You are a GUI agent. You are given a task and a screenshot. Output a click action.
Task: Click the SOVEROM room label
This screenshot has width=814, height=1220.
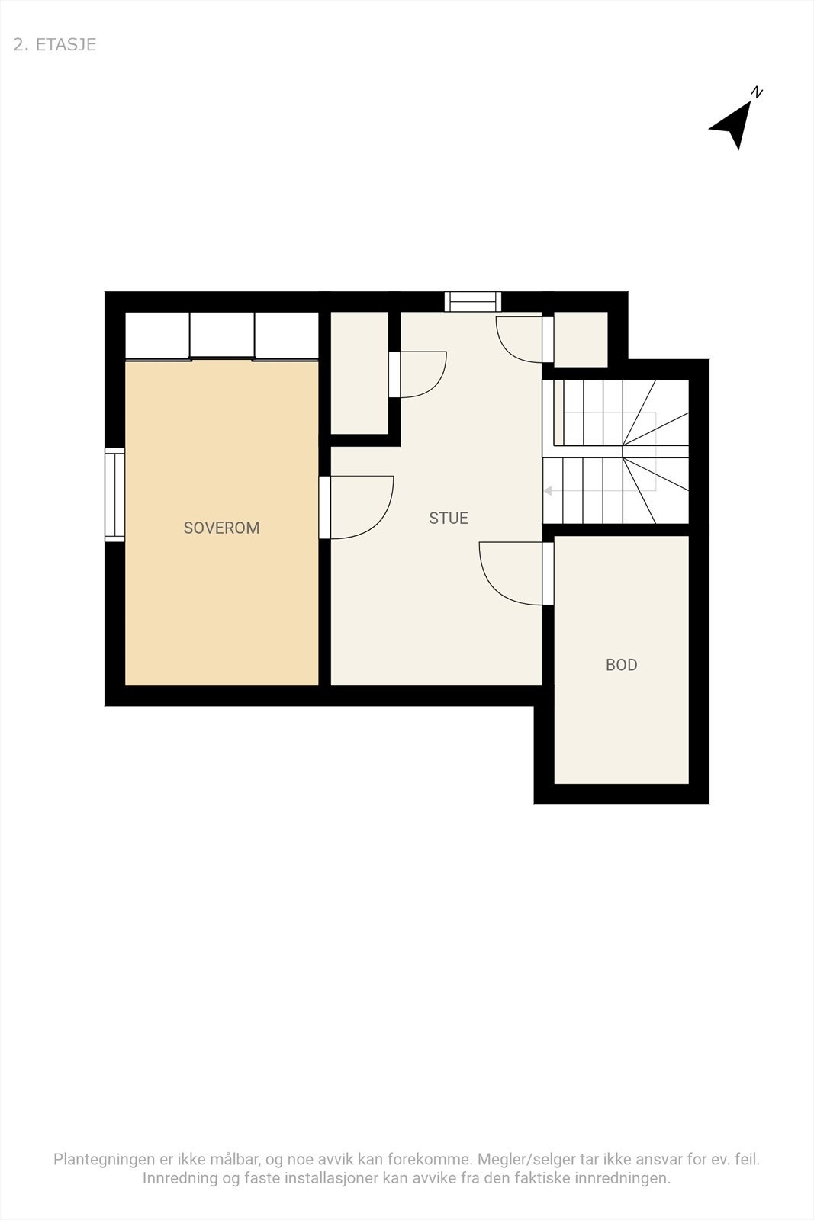(221, 528)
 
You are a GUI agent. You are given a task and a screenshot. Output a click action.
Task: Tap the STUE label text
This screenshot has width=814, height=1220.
(448, 518)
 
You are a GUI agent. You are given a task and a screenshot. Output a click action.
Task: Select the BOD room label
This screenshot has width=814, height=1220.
(621, 665)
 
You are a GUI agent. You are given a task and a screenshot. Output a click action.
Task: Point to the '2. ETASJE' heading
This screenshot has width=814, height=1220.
(55, 44)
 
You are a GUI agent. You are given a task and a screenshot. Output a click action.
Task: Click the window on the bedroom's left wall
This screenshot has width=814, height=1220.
(114, 495)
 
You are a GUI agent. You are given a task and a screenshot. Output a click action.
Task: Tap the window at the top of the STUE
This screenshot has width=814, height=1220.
(473, 302)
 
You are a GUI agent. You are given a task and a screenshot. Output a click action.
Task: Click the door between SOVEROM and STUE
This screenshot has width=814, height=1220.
(325, 507)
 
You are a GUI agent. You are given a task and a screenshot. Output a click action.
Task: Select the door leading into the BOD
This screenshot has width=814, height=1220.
(548, 573)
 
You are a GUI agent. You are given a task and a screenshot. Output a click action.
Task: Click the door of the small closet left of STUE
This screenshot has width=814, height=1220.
(394, 374)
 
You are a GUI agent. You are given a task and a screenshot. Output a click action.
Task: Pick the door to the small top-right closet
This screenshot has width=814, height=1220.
(547, 339)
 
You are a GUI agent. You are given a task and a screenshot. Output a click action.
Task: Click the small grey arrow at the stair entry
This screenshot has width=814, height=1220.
(547, 491)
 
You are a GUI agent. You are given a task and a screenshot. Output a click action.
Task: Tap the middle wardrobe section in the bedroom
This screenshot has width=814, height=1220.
(222, 335)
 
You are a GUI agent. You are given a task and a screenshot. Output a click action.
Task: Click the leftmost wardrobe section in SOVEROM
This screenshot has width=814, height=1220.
(157, 335)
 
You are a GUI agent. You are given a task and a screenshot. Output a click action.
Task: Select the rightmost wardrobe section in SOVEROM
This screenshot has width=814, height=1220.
(287, 335)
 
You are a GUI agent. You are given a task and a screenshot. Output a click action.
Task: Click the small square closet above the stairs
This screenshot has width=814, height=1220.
(581, 339)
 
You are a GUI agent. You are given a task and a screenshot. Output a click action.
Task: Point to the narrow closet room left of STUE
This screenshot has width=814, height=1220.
(359, 373)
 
